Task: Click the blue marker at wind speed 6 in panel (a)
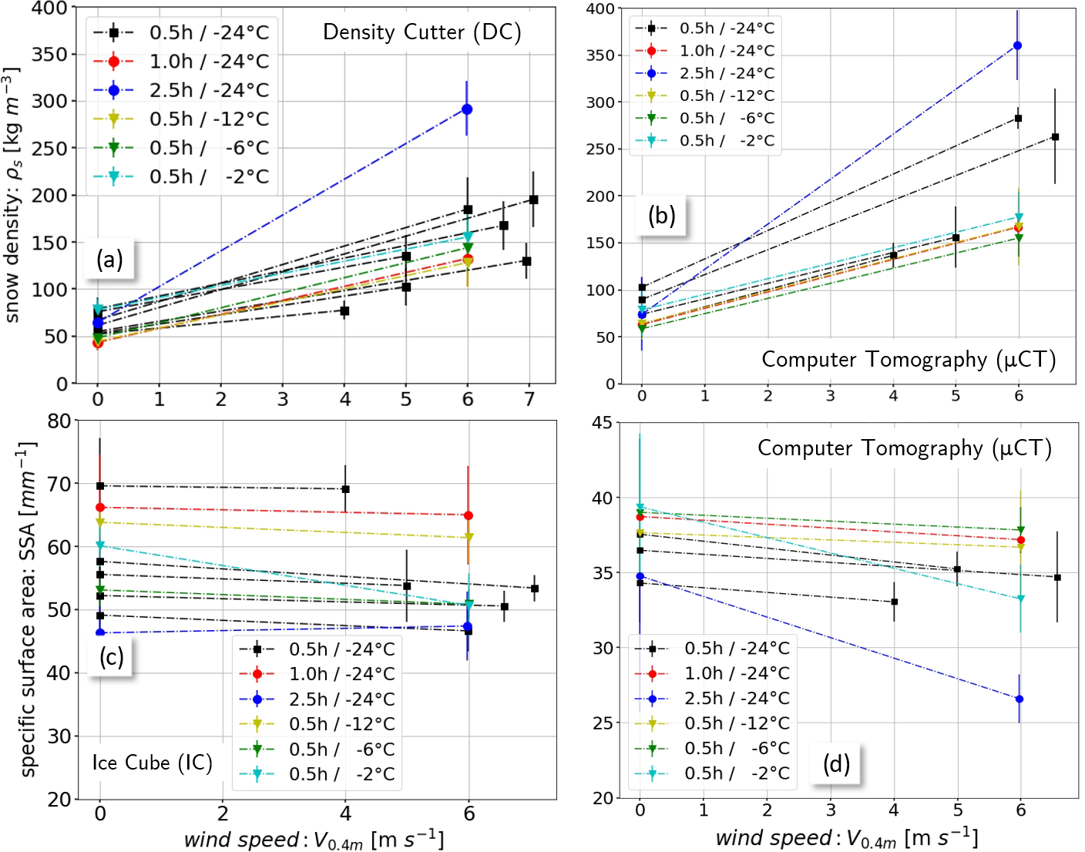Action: click(x=467, y=109)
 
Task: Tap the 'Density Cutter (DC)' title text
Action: click(x=422, y=32)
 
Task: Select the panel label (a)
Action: click(x=109, y=260)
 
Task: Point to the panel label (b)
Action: click(x=661, y=216)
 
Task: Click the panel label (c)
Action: click(x=111, y=656)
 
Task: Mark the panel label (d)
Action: click(x=836, y=763)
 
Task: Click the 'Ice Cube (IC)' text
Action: click(x=152, y=763)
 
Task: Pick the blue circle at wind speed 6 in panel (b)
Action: click(x=1018, y=45)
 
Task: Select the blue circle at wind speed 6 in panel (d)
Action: click(x=1019, y=699)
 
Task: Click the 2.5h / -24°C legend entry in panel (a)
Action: click(x=208, y=90)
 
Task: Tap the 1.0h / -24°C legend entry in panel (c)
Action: click(x=341, y=674)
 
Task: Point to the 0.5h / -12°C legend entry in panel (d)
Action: click(x=737, y=723)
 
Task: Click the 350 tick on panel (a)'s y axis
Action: click(x=52, y=55)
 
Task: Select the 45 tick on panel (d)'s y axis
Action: click(x=602, y=422)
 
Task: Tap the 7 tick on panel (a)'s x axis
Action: click(x=529, y=399)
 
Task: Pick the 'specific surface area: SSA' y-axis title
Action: click(x=29, y=609)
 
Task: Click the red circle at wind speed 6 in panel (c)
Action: click(x=468, y=515)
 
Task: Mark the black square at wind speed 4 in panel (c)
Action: click(x=345, y=489)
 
